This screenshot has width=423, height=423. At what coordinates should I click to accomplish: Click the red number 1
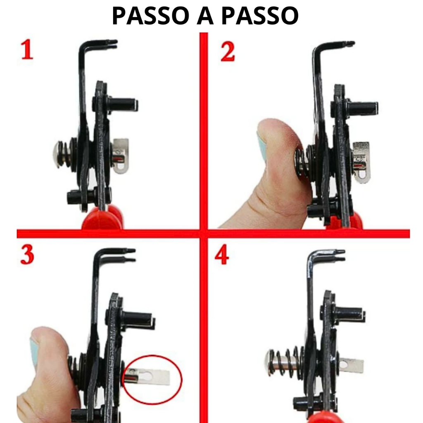(27, 50)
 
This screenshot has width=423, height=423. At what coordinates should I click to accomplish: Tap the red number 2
(228, 52)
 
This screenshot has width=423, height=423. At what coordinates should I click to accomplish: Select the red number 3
(27, 255)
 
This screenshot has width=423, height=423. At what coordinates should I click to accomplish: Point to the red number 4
(222, 255)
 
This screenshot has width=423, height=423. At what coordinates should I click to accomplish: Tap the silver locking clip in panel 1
(120, 156)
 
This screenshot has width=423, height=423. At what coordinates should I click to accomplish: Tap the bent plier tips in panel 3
(129, 255)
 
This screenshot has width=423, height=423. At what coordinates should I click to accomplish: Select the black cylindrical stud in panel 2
(363, 108)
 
